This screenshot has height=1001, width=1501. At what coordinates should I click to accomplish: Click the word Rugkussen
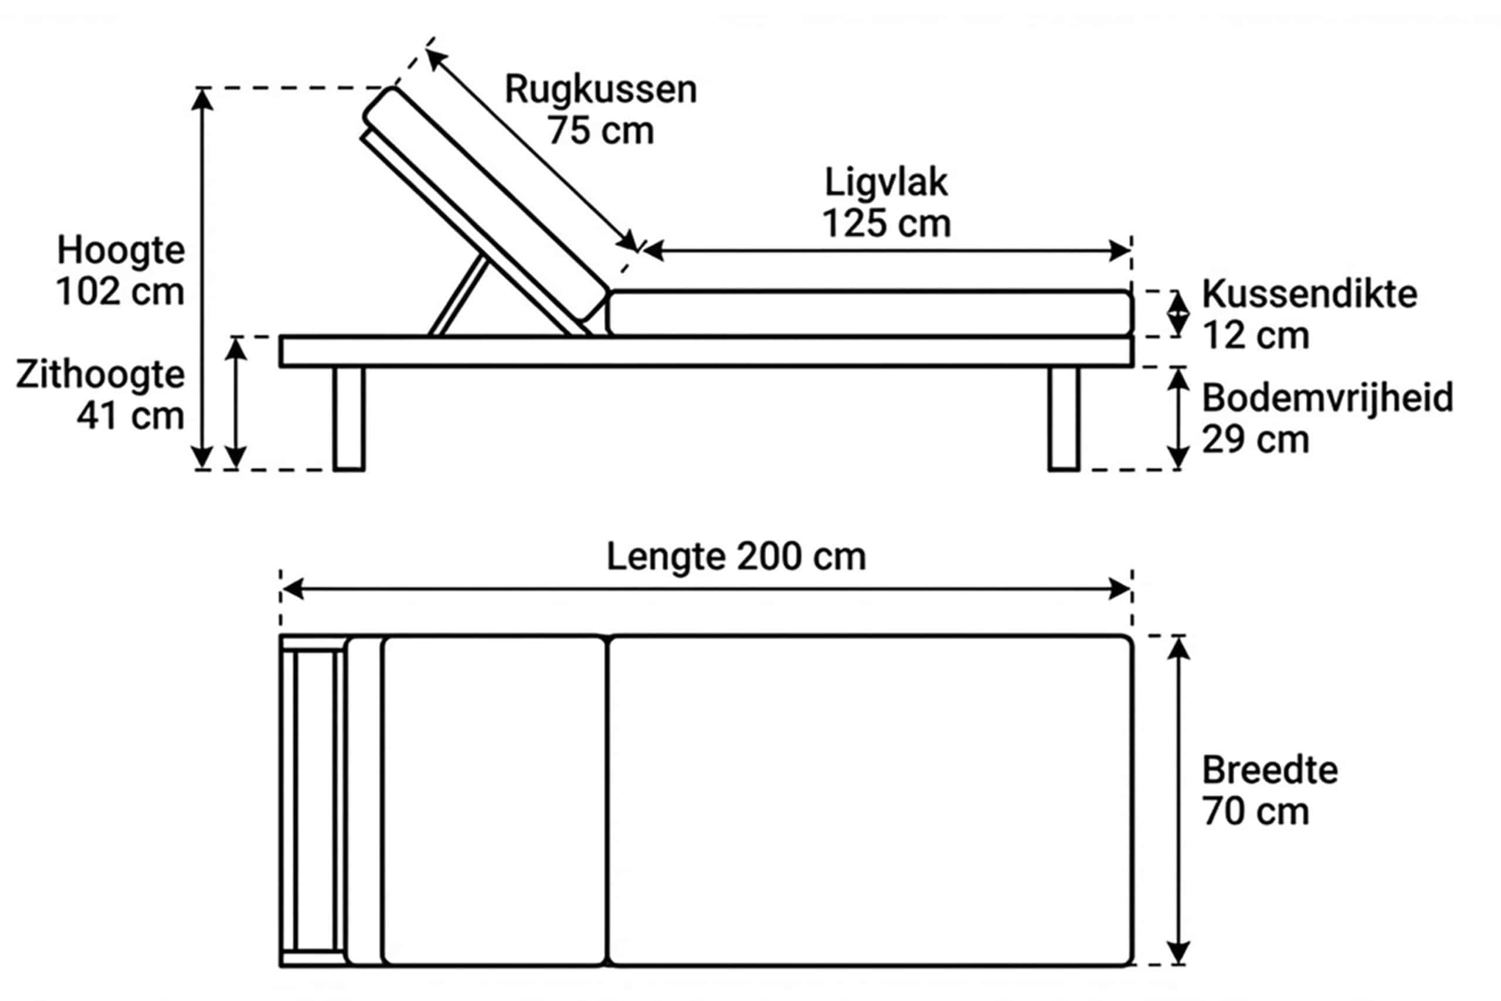click(600, 89)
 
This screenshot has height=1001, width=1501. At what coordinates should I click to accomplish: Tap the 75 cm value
click(600, 131)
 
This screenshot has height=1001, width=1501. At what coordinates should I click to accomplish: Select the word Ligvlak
click(886, 183)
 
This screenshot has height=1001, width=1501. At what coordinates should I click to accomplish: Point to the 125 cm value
click(886, 224)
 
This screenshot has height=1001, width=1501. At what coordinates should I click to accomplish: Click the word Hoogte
click(121, 250)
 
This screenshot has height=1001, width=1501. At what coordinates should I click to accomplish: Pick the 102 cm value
click(120, 292)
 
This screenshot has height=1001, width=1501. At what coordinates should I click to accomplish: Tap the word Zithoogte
click(100, 374)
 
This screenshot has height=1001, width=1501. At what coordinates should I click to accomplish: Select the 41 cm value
click(130, 416)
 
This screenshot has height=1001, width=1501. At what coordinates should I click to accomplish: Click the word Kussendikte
click(1309, 294)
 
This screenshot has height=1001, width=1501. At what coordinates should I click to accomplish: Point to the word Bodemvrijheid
click(1327, 398)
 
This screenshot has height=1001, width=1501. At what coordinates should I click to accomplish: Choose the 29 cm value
click(1255, 440)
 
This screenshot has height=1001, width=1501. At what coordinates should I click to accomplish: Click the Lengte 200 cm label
click(736, 557)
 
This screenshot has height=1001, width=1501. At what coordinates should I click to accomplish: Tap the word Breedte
click(1270, 771)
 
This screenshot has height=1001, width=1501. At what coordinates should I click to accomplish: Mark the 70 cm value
click(1255, 812)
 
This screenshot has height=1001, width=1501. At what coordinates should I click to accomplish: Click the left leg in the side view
click(349, 418)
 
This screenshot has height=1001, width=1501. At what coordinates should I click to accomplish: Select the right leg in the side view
click(1064, 418)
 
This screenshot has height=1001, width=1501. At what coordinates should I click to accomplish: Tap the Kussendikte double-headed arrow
click(1178, 314)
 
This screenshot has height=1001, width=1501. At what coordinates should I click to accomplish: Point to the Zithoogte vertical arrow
click(236, 403)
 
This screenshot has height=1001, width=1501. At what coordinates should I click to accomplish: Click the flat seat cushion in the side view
click(870, 314)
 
